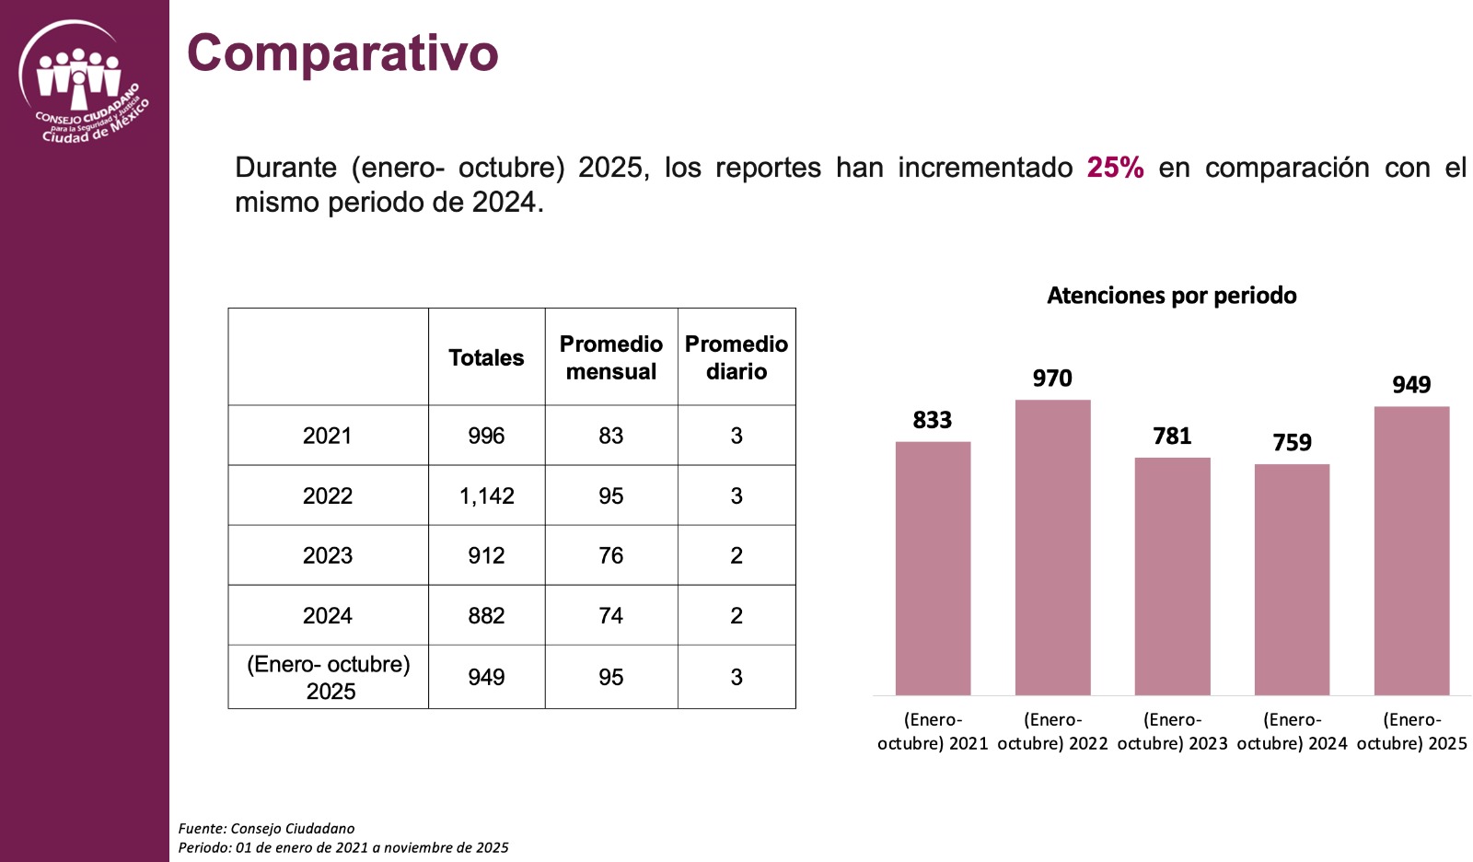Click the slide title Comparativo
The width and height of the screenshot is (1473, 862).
point(342,52)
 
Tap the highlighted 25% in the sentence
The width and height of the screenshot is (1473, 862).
point(1115,168)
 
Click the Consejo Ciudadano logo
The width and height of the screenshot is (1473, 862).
point(82,84)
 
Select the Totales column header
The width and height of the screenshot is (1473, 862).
point(486,357)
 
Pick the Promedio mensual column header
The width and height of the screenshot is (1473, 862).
point(611,357)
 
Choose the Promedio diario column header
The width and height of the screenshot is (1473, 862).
point(736,357)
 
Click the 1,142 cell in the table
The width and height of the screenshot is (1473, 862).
point(486,495)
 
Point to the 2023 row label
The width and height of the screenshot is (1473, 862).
point(328,555)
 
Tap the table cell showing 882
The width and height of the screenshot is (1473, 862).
point(486,615)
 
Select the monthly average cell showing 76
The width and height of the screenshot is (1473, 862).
point(611,555)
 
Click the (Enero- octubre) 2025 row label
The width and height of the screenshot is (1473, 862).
point(329,677)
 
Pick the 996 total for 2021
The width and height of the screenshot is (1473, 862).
point(486,436)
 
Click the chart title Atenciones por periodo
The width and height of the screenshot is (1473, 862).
point(1171,296)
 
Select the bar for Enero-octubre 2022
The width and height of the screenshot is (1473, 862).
point(1052,548)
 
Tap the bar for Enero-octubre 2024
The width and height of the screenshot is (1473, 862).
point(1292,580)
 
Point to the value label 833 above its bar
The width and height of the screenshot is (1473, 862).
point(932,420)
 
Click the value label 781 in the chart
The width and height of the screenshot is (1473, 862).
point(1172,436)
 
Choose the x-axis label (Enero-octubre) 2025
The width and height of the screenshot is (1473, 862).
point(1411,731)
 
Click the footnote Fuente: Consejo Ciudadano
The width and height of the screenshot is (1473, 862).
point(266,828)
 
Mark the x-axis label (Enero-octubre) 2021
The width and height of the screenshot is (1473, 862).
point(933,731)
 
